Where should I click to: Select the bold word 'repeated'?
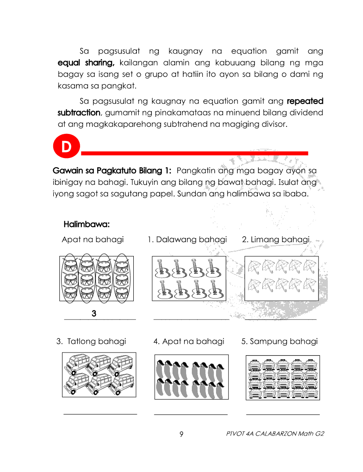305,101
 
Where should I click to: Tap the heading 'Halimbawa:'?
87,224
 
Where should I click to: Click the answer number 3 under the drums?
94,313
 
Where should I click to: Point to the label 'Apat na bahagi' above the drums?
93,239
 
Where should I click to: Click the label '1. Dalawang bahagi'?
187,239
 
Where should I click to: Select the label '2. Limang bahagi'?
276,239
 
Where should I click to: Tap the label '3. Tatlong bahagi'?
91,341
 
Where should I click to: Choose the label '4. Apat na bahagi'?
189,341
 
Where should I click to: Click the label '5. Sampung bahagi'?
279,341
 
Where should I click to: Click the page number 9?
181,434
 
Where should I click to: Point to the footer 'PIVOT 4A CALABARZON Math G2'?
275,434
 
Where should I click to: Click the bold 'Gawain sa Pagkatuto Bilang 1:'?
112,170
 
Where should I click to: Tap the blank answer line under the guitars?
191,319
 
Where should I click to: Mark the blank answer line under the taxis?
282,414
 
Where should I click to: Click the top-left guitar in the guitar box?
162,267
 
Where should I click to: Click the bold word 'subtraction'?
79,113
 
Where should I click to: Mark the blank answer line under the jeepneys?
100,414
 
